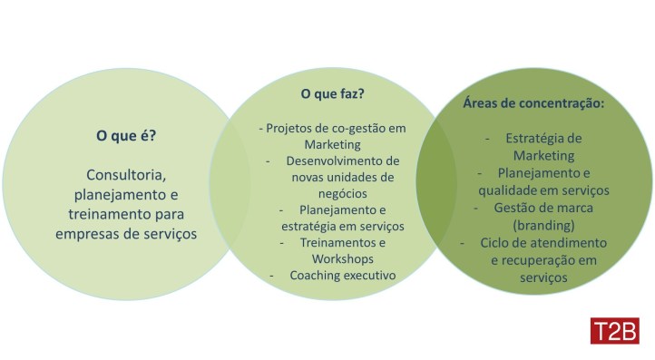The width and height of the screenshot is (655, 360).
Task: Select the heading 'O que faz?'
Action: click(332, 93)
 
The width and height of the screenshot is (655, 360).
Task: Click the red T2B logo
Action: click(614, 331)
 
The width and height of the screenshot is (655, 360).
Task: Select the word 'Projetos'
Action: click(288, 128)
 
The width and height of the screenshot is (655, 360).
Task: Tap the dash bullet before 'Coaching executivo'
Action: click(272, 275)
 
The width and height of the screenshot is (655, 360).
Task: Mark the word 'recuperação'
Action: click(542, 260)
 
